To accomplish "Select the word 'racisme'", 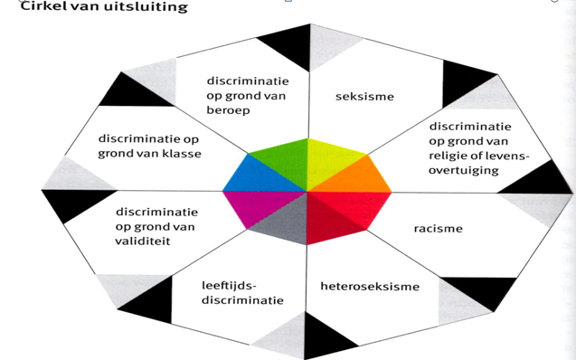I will pyautogui.click(x=438, y=229).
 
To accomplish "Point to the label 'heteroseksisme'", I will pyautogui.click(x=370, y=287).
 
